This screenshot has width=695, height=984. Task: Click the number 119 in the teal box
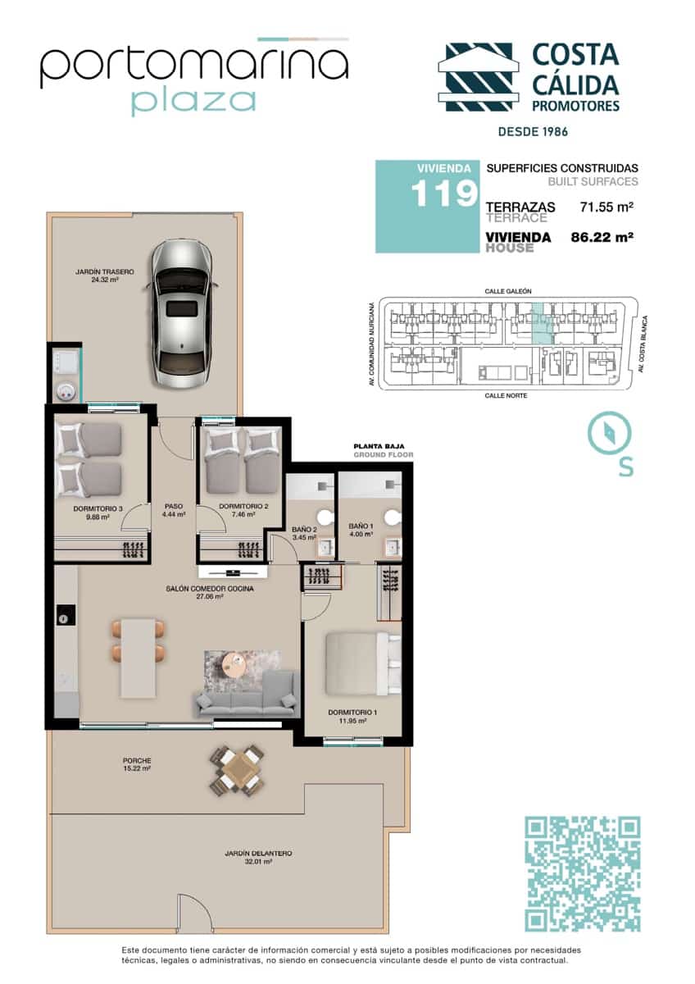tap(443, 194)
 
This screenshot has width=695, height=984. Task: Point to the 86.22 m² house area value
tap(604, 238)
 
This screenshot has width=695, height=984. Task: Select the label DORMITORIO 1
tap(352, 713)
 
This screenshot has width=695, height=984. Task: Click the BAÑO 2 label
tap(304, 530)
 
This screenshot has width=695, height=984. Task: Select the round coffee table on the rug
tap(235, 663)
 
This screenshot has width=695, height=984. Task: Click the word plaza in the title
tap(193, 101)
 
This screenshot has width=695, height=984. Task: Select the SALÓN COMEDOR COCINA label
tap(209, 589)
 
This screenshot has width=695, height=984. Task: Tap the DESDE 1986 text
tap(534, 131)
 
